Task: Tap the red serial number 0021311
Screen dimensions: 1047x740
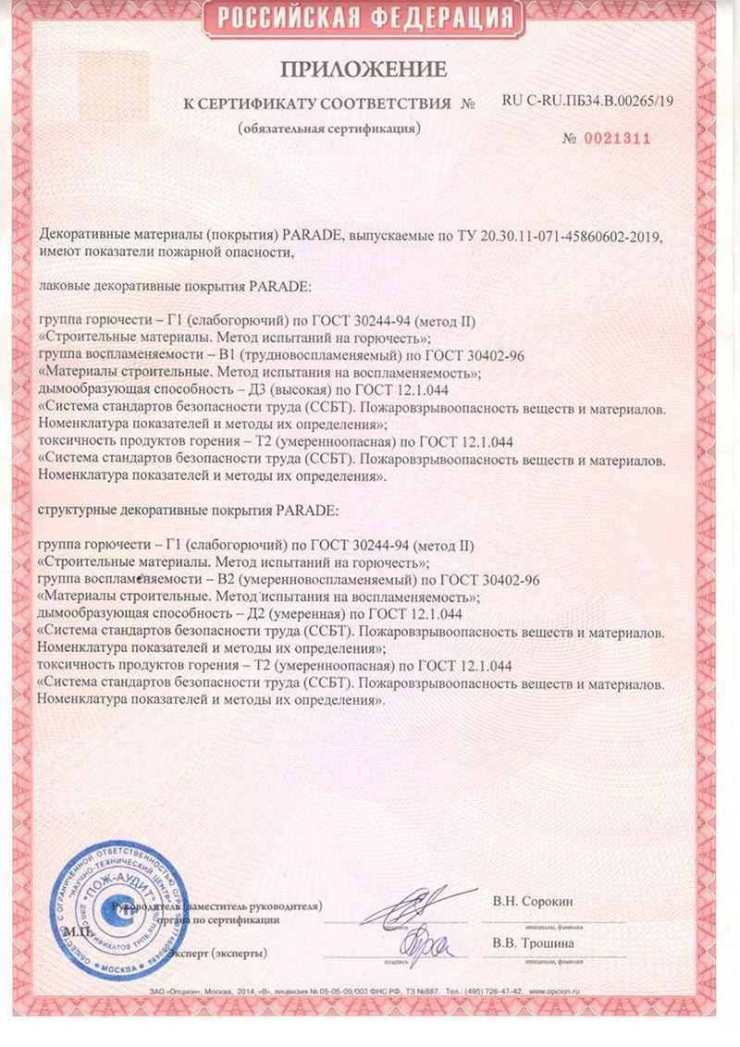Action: [x=618, y=138]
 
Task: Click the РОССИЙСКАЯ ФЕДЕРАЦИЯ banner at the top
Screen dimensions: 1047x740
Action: [x=370, y=18]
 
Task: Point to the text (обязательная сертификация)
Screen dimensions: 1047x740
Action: [x=327, y=128]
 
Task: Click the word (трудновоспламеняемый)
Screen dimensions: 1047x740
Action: [x=259, y=354]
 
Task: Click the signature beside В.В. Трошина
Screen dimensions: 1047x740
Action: [x=422, y=943]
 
